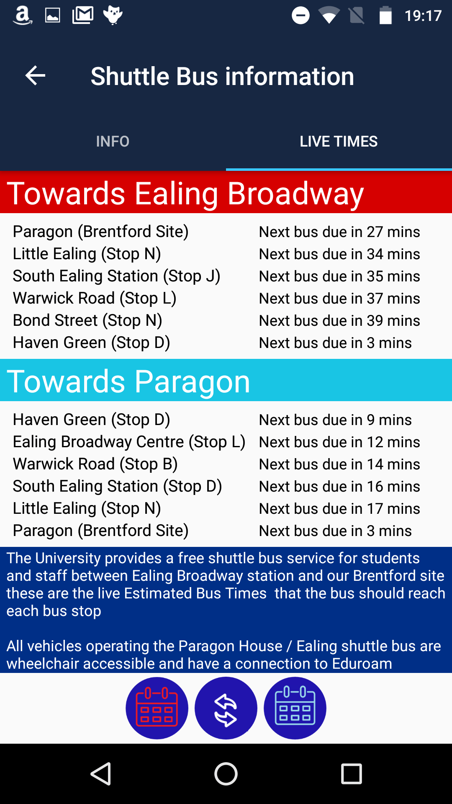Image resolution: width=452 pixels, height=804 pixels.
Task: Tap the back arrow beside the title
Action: [x=35, y=76]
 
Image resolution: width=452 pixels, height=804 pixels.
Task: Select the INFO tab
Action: [x=113, y=142]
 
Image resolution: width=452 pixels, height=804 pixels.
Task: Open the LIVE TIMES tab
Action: [x=339, y=142]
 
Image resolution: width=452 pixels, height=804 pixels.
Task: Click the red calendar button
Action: [x=157, y=708]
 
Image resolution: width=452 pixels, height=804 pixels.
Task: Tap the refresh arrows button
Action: [x=226, y=708]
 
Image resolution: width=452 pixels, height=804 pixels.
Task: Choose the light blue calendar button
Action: [x=295, y=708]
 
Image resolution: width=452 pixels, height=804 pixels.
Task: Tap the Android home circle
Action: [x=226, y=773]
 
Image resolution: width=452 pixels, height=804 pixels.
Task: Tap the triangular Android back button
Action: [x=101, y=773]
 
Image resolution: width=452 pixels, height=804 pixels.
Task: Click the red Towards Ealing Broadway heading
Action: [x=185, y=193]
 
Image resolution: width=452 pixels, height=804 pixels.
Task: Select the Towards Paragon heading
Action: [x=128, y=381]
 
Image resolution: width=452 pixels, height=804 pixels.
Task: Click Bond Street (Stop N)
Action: [x=87, y=320]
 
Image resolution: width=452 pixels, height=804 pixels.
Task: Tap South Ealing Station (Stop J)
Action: [x=116, y=276]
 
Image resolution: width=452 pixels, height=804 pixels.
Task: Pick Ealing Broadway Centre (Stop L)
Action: [x=129, y=442]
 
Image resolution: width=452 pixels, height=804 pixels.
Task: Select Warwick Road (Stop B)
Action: [x=95, y=464]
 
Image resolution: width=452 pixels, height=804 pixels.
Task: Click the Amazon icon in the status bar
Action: [x=23, y=15]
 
